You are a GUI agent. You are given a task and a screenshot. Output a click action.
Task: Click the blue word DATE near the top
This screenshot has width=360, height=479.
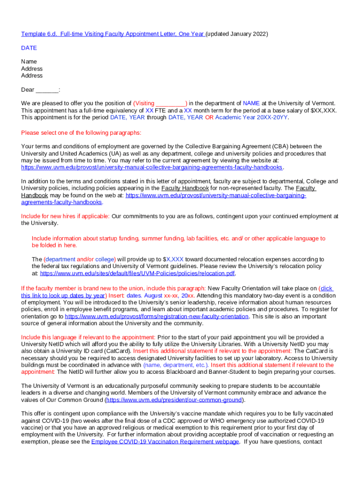pyautogui.click(x=29, y=48)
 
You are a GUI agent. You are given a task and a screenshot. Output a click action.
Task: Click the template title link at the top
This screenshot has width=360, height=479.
pyautogui.click(x=112, y=34)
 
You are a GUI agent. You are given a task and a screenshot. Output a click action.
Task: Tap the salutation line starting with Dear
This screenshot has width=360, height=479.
pyautogui.click(x=41, y=89)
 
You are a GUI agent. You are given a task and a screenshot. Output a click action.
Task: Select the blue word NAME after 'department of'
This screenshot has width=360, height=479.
pyautogui.click(x=251, y=103)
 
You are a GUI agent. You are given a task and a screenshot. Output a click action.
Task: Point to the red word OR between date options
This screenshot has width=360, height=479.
pyautogui.click(x=209, y=117)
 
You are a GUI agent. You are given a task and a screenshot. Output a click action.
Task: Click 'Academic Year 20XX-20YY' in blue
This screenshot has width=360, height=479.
pyautogui.click(x=252, y=117)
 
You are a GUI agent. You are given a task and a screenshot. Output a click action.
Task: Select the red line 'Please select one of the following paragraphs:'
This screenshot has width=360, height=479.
pyautogui.click(x=81, y=132)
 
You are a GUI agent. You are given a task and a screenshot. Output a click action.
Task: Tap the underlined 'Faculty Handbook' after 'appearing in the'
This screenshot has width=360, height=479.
pyautogui.click(x=185, y=188)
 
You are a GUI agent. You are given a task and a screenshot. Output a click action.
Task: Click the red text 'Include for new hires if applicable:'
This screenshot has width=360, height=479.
pyautogui.click(x=65, y=216)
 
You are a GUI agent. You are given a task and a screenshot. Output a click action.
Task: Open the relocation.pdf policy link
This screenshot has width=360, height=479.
pyautogui.click(x=137, y=273)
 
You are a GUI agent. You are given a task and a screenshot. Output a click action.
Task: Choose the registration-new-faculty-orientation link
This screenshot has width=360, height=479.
pyautogui.click(x=157, y=316)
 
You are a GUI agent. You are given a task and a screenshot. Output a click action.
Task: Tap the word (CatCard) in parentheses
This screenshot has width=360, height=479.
pyautogui.click(x=117, y=351)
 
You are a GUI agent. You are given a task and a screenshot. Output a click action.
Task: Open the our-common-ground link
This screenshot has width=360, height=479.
pyautogui.click(x=174, y=400)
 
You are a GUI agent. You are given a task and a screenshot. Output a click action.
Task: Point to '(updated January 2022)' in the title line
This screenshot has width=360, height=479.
pyautogui.click(x=237, y=34)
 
